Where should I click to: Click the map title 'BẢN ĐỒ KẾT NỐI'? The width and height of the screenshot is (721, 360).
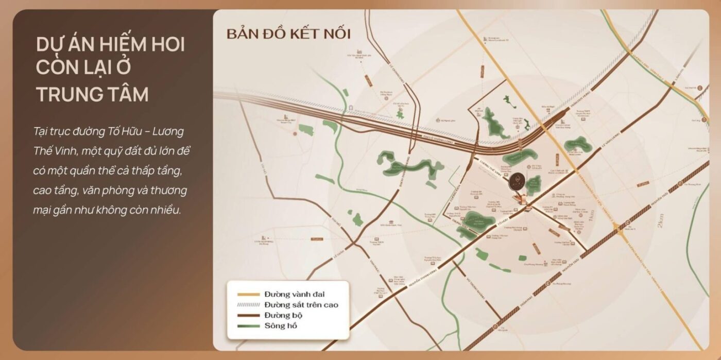coord(288,35)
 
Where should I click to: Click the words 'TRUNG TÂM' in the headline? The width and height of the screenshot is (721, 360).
coord(93,94)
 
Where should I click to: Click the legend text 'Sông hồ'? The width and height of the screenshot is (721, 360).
coord(281,326)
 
